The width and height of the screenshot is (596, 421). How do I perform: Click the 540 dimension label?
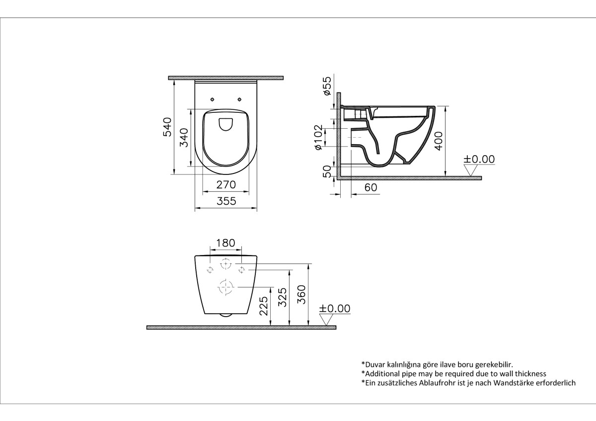[167, 127]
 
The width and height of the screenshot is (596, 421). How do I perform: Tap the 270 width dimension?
[226, 185]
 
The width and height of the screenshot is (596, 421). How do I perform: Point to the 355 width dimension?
[226, 201]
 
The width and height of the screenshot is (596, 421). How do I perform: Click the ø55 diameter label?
[327, 86]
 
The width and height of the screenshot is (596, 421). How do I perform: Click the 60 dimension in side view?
[371, 188]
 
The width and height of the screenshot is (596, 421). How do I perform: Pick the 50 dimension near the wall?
[327, 171]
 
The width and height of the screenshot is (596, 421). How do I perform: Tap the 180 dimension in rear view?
[226, 244]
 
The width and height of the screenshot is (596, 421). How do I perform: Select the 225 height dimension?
[264, 306]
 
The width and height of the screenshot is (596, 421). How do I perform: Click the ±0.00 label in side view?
[479, 159]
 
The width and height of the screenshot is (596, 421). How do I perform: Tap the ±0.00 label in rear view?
[334, 309]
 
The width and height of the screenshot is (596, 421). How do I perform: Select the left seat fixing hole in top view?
[212, 98]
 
